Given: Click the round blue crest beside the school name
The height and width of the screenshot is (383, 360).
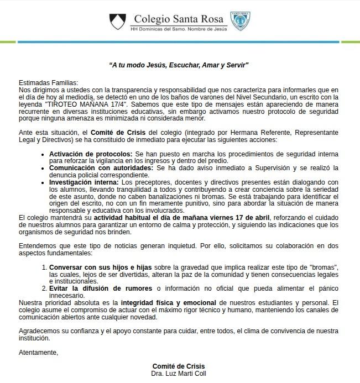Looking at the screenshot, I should pyautogui.click(x=240, y=21).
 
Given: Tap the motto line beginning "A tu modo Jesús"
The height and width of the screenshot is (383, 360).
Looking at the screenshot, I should pyautogui.click(x=179, y=65).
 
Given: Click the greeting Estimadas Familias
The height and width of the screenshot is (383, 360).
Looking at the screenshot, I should pyautogui.click(x=49, y=82).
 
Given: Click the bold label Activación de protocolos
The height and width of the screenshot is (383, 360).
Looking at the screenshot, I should pyautogui.click(x=91, y=153).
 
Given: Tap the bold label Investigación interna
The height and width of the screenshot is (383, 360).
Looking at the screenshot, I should pyautogui.click(x=84, y=182).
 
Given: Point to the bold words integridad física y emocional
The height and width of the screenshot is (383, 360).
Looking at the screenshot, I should pyautogui.click(x=169, y=303).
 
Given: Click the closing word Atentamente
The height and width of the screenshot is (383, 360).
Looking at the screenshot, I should pyautogui.click(x=38, y=352).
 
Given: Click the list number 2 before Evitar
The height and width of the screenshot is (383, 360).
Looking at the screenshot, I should pyautogui.click(x=44, y=288).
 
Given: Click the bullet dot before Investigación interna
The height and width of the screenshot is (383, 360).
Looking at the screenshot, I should pyautogui.click(x=44, y=182).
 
